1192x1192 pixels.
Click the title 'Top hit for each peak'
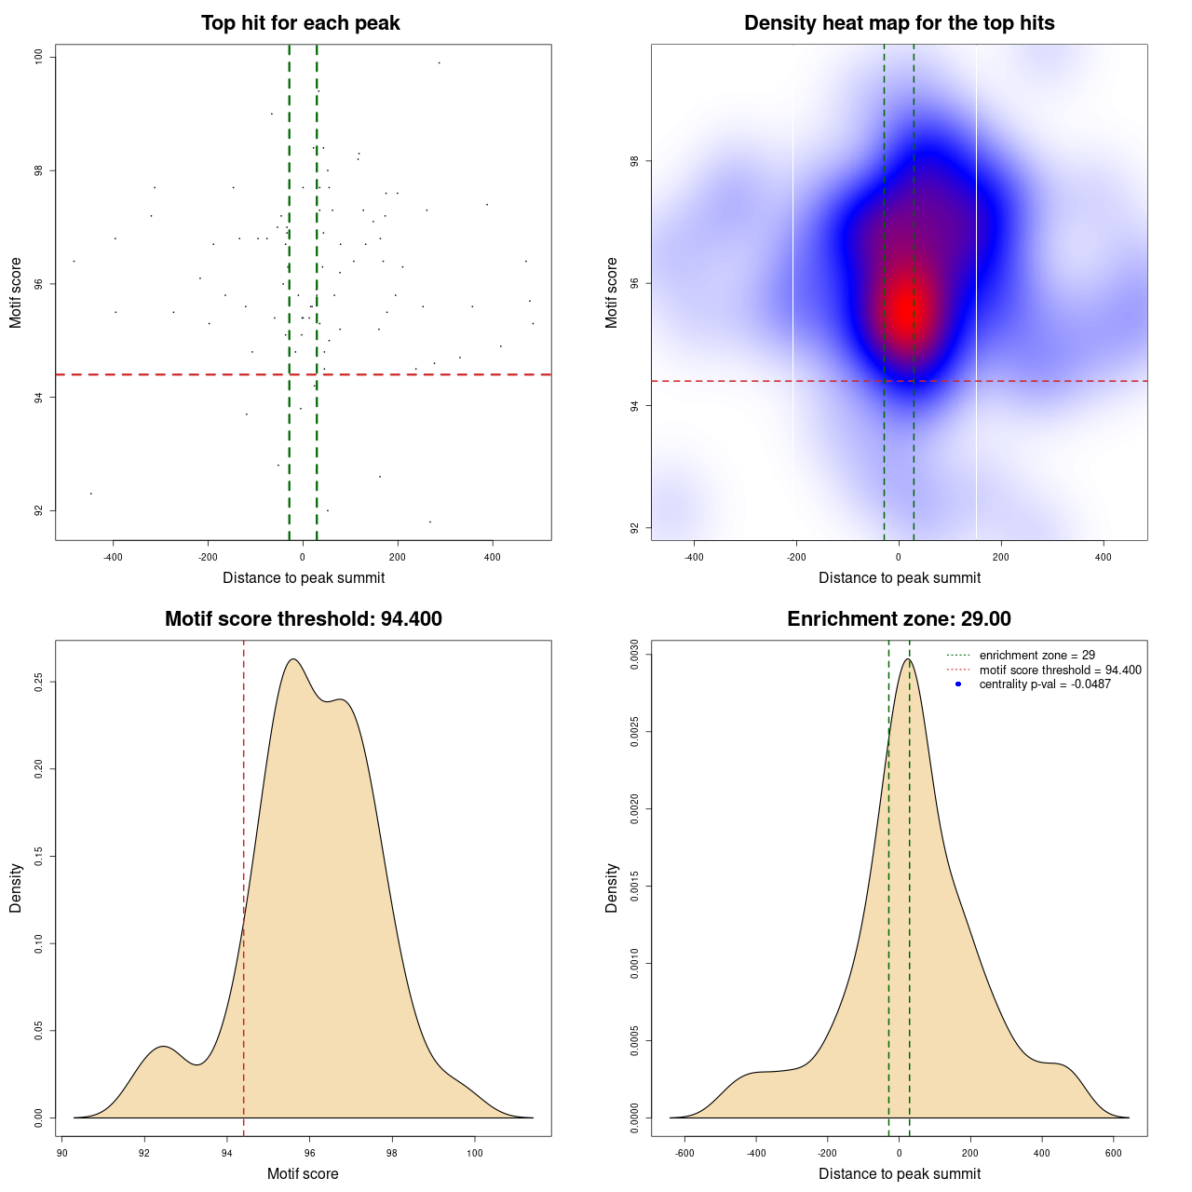pyautogui.click(x=301, y=23)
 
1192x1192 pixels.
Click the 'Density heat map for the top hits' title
pyautogui.click(x=899, y=23)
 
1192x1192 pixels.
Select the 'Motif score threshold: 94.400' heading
pyautogui.click(x=303, y=619)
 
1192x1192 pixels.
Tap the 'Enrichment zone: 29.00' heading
pyautogui.click(x=899, y=619)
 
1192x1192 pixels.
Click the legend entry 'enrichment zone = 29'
pyautogui.click(x=1036, y=656)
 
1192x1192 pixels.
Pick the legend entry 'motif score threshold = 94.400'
pyautogui.click(x=1060, y=670)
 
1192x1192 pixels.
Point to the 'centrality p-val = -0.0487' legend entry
pyautogui.click(x=1045, y=684)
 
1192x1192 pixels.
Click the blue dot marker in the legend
pyautogui.click(x=958, y=684)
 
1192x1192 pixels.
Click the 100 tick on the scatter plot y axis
pyautogui.click(x=39, y=58)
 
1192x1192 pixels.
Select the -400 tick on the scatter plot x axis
pyautogui.click(x=113, y=557)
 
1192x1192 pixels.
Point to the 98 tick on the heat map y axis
pyautogui.click(x=635, y=161)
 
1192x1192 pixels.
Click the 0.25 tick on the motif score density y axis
pyautogui.click(x=39, y=682)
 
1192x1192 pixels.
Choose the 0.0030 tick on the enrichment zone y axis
pyautogui.click(x=635, y=655)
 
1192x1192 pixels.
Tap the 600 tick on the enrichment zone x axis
pyautogui.click(x=1114, y=1153)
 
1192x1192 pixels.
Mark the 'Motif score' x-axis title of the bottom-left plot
pyautogui.click(x=303, y=1174)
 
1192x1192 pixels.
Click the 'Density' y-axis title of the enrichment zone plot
pyautogui.click(x=612, y=887)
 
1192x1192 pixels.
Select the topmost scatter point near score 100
pyautogui.click(x=439, y=62)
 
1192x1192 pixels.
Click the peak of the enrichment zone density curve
pyautogui.click(x=907, y=659)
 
